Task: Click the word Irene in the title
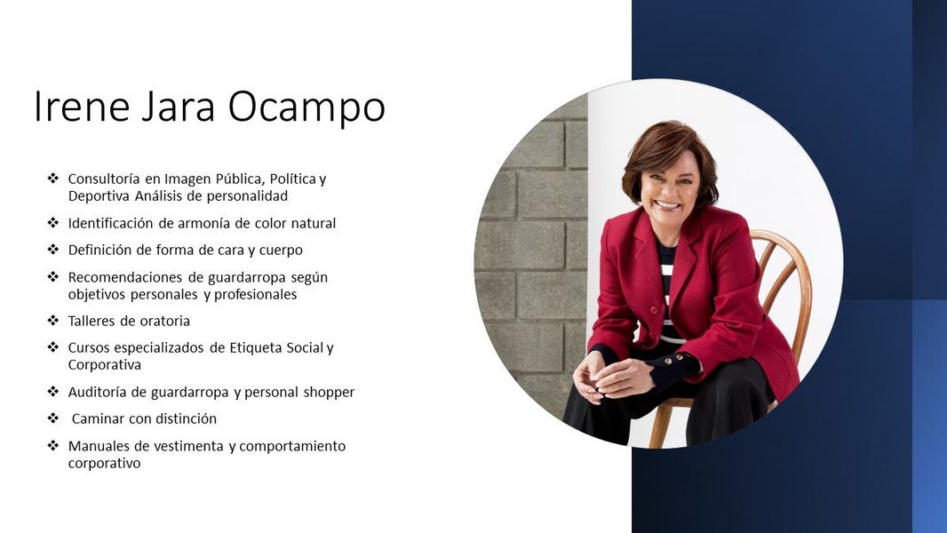[x=82, y=107]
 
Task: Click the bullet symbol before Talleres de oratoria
[x=53, y=320]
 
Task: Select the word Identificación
[x=110, y=223]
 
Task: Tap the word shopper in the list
[x=329, y=393]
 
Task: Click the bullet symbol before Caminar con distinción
[x=53, y=418]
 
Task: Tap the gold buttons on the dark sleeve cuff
[x=674, y=361]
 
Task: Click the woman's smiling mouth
[x=667, y=204]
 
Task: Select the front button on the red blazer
[x=654, y=310]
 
